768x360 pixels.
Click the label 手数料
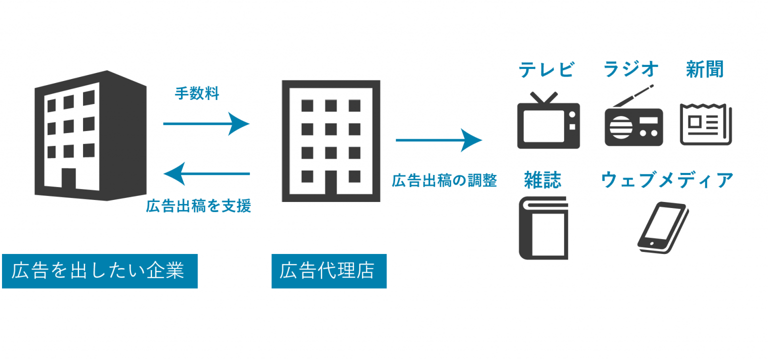point(197,93)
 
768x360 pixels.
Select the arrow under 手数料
point(206,123)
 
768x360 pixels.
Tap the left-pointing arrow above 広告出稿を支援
point(207,173)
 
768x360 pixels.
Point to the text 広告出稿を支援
point(198,206)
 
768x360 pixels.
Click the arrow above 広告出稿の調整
point(438,140)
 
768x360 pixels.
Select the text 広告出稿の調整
point(444,180)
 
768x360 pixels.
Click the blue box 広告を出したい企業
point(99,271)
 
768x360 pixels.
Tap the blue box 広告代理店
point(328,271)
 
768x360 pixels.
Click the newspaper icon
point(705,124)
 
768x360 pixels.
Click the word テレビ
point(546,69)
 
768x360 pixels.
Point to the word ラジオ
point(631,69)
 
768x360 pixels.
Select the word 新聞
point(704,69)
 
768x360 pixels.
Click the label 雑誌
point(542,180)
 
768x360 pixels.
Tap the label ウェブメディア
point(667,180)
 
